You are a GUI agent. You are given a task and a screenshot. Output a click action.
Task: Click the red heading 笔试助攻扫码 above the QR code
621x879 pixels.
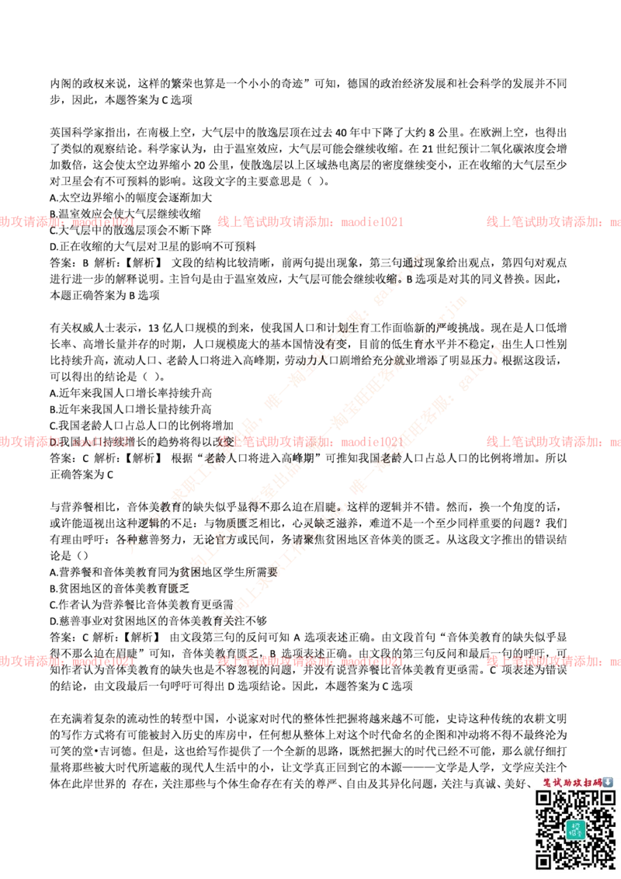(x=572, y=782)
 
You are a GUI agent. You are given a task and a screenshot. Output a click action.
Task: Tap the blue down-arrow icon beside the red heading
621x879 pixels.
(x=608, y=782)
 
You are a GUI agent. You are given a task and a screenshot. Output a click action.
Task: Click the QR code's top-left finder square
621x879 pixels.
(x=544, y=798)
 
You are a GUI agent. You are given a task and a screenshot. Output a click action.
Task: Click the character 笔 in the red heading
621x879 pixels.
(x=547, y=782)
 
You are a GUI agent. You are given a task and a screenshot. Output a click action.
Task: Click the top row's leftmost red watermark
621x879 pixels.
(x=68, y=222)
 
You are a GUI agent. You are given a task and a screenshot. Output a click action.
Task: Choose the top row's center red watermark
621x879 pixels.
(x=310, y=222)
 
